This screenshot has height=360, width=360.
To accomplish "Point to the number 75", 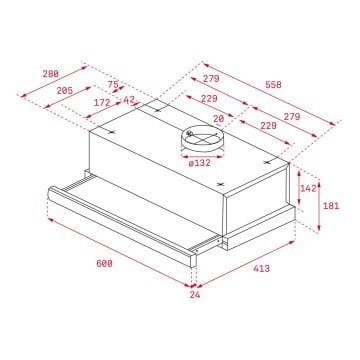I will click(113, 85).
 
